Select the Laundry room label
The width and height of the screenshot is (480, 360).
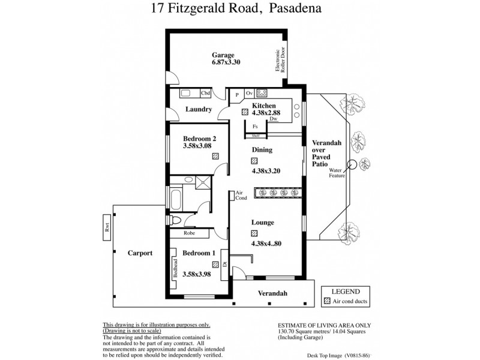pos(198,109)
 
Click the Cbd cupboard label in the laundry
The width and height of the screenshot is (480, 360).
pos(206,93)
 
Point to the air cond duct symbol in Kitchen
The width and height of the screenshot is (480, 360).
pos(245,112)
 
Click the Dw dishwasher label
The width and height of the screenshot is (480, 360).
pos(274,119)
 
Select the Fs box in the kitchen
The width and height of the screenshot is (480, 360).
pos(255,127)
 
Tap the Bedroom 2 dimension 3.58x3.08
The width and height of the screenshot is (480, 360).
pos(198,145)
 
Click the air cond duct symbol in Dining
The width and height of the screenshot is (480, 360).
pos(254,160)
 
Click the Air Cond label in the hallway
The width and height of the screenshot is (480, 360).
pos(241,195)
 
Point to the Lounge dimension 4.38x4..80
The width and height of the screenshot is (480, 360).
pos(263,244)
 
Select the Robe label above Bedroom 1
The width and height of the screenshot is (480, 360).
pos(189,232)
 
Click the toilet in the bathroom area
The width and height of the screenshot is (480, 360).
pos(175,220)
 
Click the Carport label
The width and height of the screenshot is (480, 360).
pos(140,253)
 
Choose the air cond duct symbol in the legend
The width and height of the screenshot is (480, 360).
pos(327,301)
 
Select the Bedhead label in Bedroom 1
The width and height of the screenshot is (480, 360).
pos(176,268)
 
